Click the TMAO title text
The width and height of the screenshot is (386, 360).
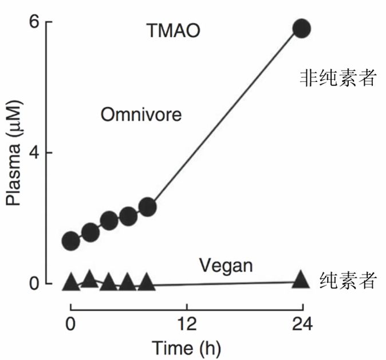point(174,30)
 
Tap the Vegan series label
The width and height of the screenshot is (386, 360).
point(226,265)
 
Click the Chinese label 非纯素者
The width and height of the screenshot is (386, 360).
point(338,78)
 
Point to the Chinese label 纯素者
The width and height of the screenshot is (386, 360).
point(348,281)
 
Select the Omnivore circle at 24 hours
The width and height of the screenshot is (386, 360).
point(301,29)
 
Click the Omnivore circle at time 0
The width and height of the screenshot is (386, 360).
point(70,241)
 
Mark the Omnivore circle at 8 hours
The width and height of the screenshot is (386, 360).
point(147,207)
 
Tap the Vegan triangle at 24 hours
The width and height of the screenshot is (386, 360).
point(301,280)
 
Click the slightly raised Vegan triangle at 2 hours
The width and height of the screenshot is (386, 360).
point(89,279)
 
